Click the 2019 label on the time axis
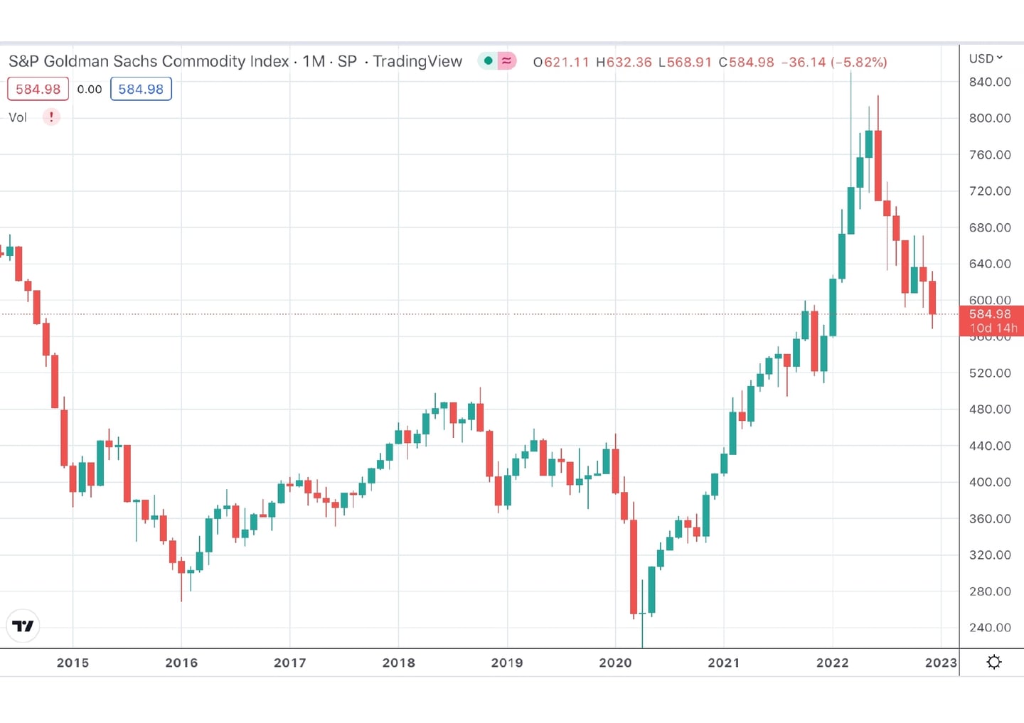[506, 663]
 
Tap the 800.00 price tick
[989, 118]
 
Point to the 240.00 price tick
[989, 628]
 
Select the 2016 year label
[181, 663]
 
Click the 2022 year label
[832, 663]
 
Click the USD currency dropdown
[985, 58]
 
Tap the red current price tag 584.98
[991, 314]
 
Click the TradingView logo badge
[23, 626]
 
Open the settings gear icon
[994, 663]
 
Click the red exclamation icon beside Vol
[51, 117]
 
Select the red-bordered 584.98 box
[38, 90]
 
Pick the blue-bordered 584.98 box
[141, 90]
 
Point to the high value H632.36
[624, 63]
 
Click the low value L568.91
[685, 63]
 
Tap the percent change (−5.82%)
[859, 63]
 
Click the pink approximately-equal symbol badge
[506, 61]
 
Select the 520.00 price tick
[989, 373]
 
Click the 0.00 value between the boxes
[90, 90]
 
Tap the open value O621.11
[561, 63]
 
